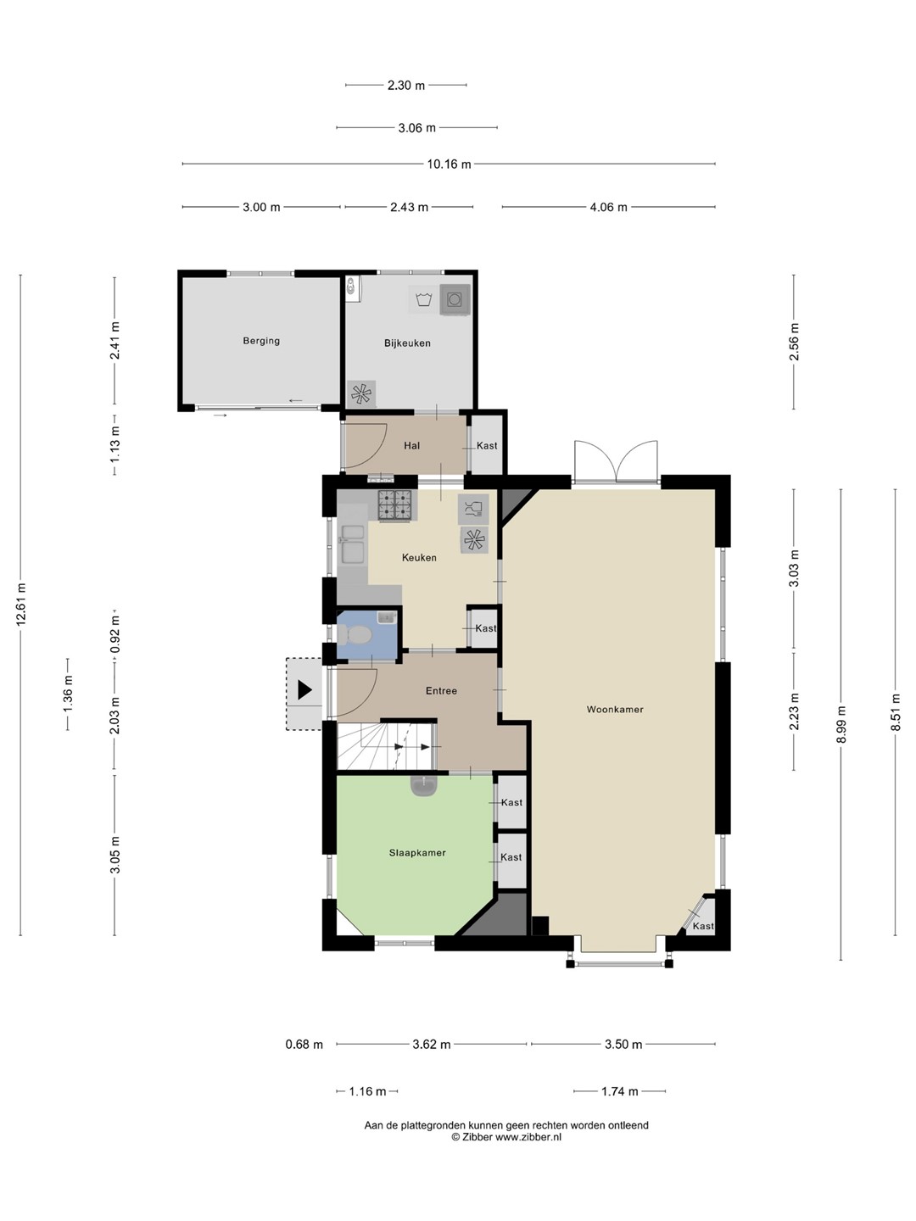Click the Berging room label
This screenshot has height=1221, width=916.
coord(261,341)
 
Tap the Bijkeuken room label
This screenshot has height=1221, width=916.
coord(407,343)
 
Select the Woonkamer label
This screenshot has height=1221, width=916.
coord(615,709)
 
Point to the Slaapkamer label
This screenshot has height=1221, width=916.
coord(417,853)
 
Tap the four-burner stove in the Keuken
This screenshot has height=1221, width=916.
coord(395,505)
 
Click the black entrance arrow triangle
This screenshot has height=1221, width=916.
coord(304,689)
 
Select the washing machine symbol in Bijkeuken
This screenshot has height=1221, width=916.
coord(455,300)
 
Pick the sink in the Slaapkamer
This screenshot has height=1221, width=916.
coord(424,785)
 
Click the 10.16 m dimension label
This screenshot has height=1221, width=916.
coord(449,164)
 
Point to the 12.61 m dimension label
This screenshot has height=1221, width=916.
coord(21,604)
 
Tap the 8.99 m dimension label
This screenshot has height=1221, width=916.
coord(841,724)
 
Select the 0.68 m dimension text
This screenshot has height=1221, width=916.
coord(304,1045)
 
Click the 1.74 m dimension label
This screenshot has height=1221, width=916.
coord(619,1091)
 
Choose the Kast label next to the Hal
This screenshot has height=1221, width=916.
coord(487,445)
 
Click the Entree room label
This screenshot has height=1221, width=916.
coord(441,691)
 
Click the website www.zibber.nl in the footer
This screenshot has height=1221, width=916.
coord(528,1138)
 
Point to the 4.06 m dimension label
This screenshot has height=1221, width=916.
coord(608,208)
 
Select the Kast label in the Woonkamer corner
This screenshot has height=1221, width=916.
coord(703,926)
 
